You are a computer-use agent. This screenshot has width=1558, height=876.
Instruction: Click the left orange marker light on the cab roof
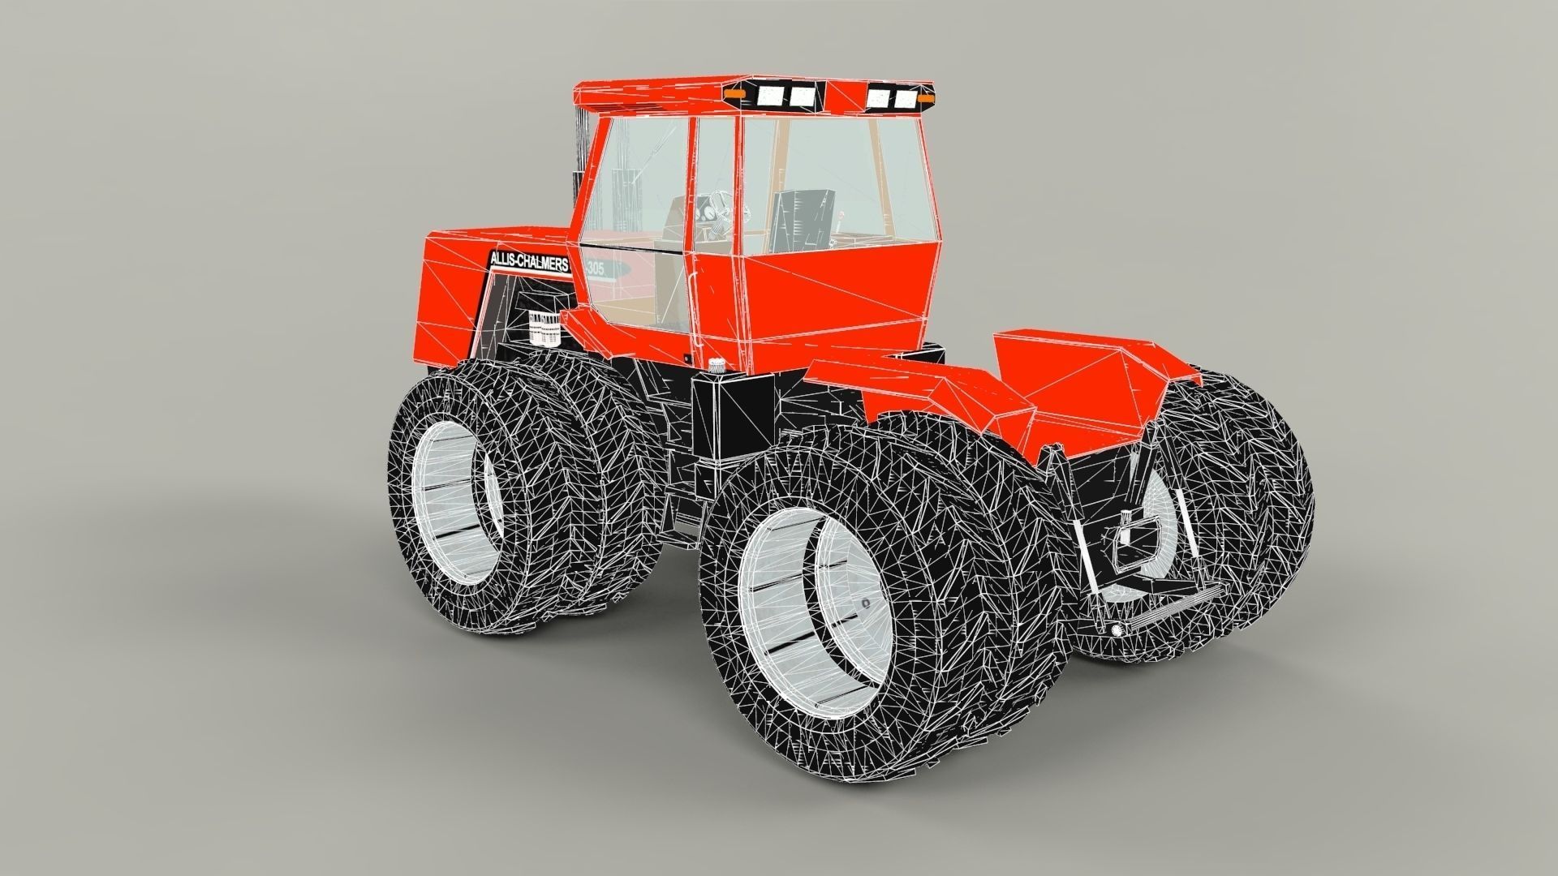[738, 96]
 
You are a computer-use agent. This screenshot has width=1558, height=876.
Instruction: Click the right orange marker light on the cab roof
[926, 98]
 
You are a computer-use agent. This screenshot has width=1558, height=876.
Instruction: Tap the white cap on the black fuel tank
[716, 366]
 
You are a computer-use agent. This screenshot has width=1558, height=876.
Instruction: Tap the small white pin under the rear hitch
[1117, 631]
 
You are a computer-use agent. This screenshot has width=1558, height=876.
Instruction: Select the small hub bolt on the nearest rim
[866, 603]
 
